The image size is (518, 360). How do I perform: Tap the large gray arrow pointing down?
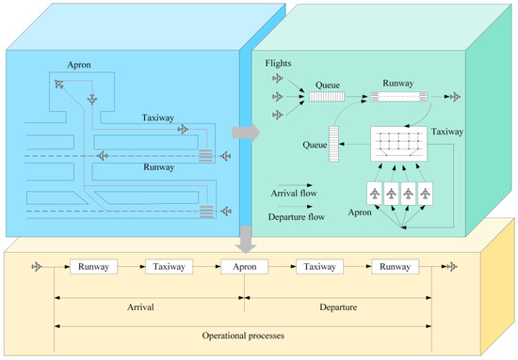coord(245,240)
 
